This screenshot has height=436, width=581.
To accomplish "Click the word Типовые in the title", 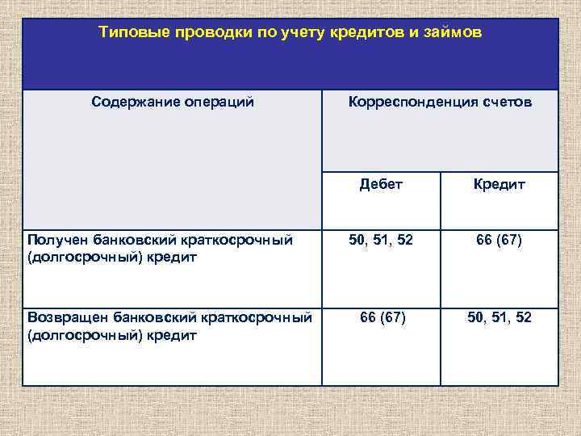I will point(127,33).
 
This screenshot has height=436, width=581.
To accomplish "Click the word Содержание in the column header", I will point(133,103).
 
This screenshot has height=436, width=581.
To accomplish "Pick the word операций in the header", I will point(216,103).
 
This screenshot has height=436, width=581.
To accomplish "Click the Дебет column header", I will point(381,184).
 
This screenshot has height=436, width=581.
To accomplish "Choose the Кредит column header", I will point(499,184).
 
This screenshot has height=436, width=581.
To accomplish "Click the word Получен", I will point(56,240).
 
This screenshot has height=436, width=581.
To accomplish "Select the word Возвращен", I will point(67,318).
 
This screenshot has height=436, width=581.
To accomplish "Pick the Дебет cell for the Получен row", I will point(381,239).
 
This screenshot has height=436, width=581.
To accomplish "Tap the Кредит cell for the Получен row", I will point(499,239).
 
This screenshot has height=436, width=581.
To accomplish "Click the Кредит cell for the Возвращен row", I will point(499,318).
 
